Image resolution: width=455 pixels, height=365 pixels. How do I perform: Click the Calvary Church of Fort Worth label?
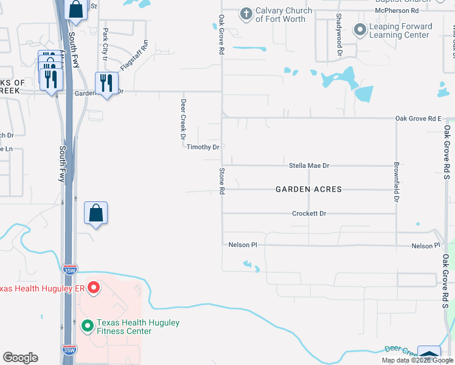pyautogui.click(x=283, y=15)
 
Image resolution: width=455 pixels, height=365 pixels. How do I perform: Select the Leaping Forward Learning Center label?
pyautogui.click(x=402, y=30)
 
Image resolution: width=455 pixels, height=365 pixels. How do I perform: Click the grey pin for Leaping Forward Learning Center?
pyautogui.click(x=360, y=29)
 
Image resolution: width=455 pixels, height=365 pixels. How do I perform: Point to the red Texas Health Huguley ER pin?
pyautogui.click(x=93, y=288)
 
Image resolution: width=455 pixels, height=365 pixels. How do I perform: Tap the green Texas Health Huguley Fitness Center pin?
pyautogui.click(x=87, y=327)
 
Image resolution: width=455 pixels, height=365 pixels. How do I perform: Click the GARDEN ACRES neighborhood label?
pyautogui.click(x=308, y=189)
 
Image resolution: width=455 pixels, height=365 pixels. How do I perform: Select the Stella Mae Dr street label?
pyautogui.click(x=308, y=165)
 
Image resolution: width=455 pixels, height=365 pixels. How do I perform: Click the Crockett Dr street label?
pyautogui.click(x=309, y=214)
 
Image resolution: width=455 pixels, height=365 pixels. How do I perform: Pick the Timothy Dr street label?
pyautogui.click(x=203, y=147)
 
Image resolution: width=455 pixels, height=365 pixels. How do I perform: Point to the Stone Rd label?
pyautogui.click(x=222, y=181)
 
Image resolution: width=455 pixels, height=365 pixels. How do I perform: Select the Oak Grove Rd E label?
pyautogui.click(x=417, y=118)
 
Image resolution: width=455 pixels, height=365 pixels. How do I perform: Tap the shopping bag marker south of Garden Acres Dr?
pyautogui.click(x=96, y=214)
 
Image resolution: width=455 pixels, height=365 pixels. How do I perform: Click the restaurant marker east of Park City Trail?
pyautogui.click(x=106, y=83)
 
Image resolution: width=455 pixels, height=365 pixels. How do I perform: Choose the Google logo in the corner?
pyautogui.click(x=20, y=358)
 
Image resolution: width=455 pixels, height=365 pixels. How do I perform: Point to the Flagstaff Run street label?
pyautogui.click(x=134, y=56)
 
